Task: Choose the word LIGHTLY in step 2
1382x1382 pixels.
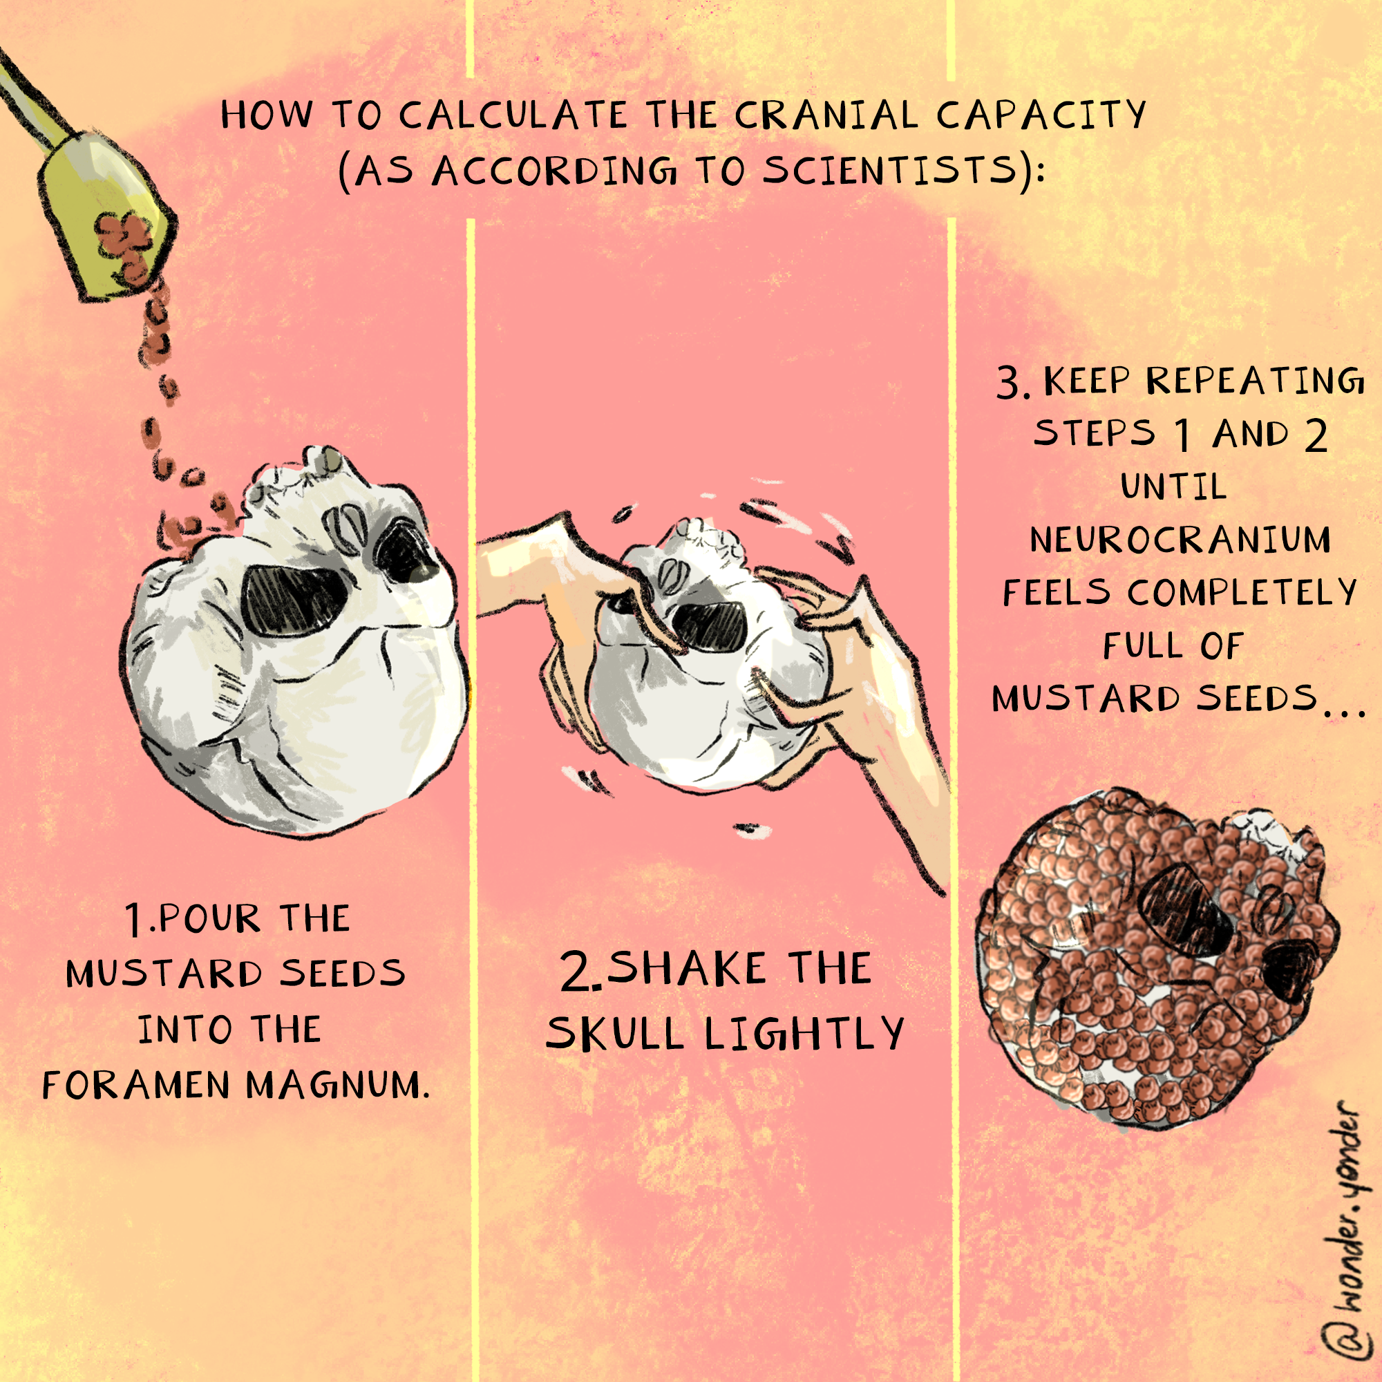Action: [805, 1033]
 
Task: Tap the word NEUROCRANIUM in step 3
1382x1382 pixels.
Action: [1180, 540]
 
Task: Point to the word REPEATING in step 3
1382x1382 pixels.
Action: [1256, 381]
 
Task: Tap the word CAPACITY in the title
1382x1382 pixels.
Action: [1041, 115]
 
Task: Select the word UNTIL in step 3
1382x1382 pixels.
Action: [1174, 486]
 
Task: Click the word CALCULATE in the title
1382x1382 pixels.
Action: [513, 115]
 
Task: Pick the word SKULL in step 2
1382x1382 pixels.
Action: [615, 1034]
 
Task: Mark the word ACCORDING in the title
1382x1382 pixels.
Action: [553, 171]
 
